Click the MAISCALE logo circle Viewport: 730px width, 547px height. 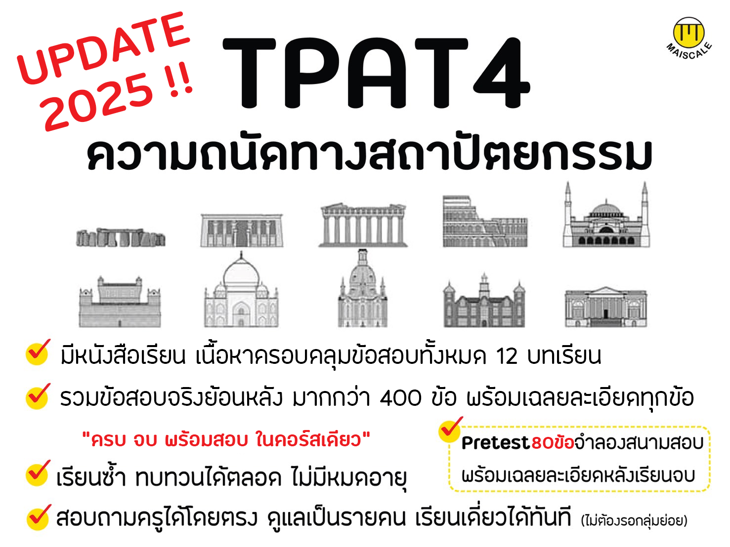tap(688, 33)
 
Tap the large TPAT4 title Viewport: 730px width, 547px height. tap(376, 73)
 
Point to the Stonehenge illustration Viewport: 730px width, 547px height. tap(121, 237)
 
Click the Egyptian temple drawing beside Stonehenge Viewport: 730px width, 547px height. tap(242, 230)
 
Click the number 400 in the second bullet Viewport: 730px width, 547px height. tap(401, 398)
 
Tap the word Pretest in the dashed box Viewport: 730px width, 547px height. tap(495, 443)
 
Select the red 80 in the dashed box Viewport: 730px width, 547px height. tap(543, 443)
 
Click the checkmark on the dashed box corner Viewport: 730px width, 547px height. tap(450, 429)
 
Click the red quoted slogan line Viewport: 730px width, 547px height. tap(226, 439)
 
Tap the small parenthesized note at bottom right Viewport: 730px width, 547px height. tap(634, 520)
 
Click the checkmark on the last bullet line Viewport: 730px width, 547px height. tap(39, 516)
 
